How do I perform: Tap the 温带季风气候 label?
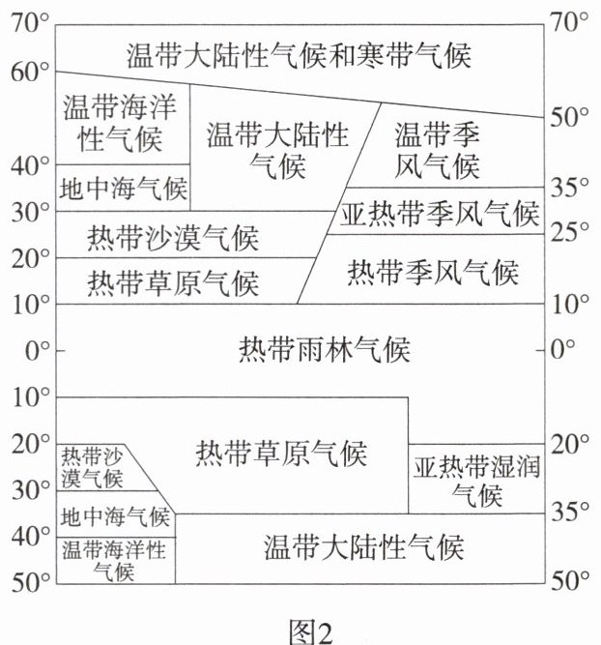(x=437, y=151)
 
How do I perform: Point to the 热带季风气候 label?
(x=433, y=272)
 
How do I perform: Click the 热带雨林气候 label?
(x=324, y=349)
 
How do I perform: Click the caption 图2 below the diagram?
(x=311, y=631)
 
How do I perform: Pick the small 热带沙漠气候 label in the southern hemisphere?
(x=93, y=467)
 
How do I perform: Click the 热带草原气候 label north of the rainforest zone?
(x=173, y=283)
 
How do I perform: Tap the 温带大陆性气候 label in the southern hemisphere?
(x=364, y=548)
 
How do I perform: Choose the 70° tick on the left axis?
(x=30, y=21)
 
